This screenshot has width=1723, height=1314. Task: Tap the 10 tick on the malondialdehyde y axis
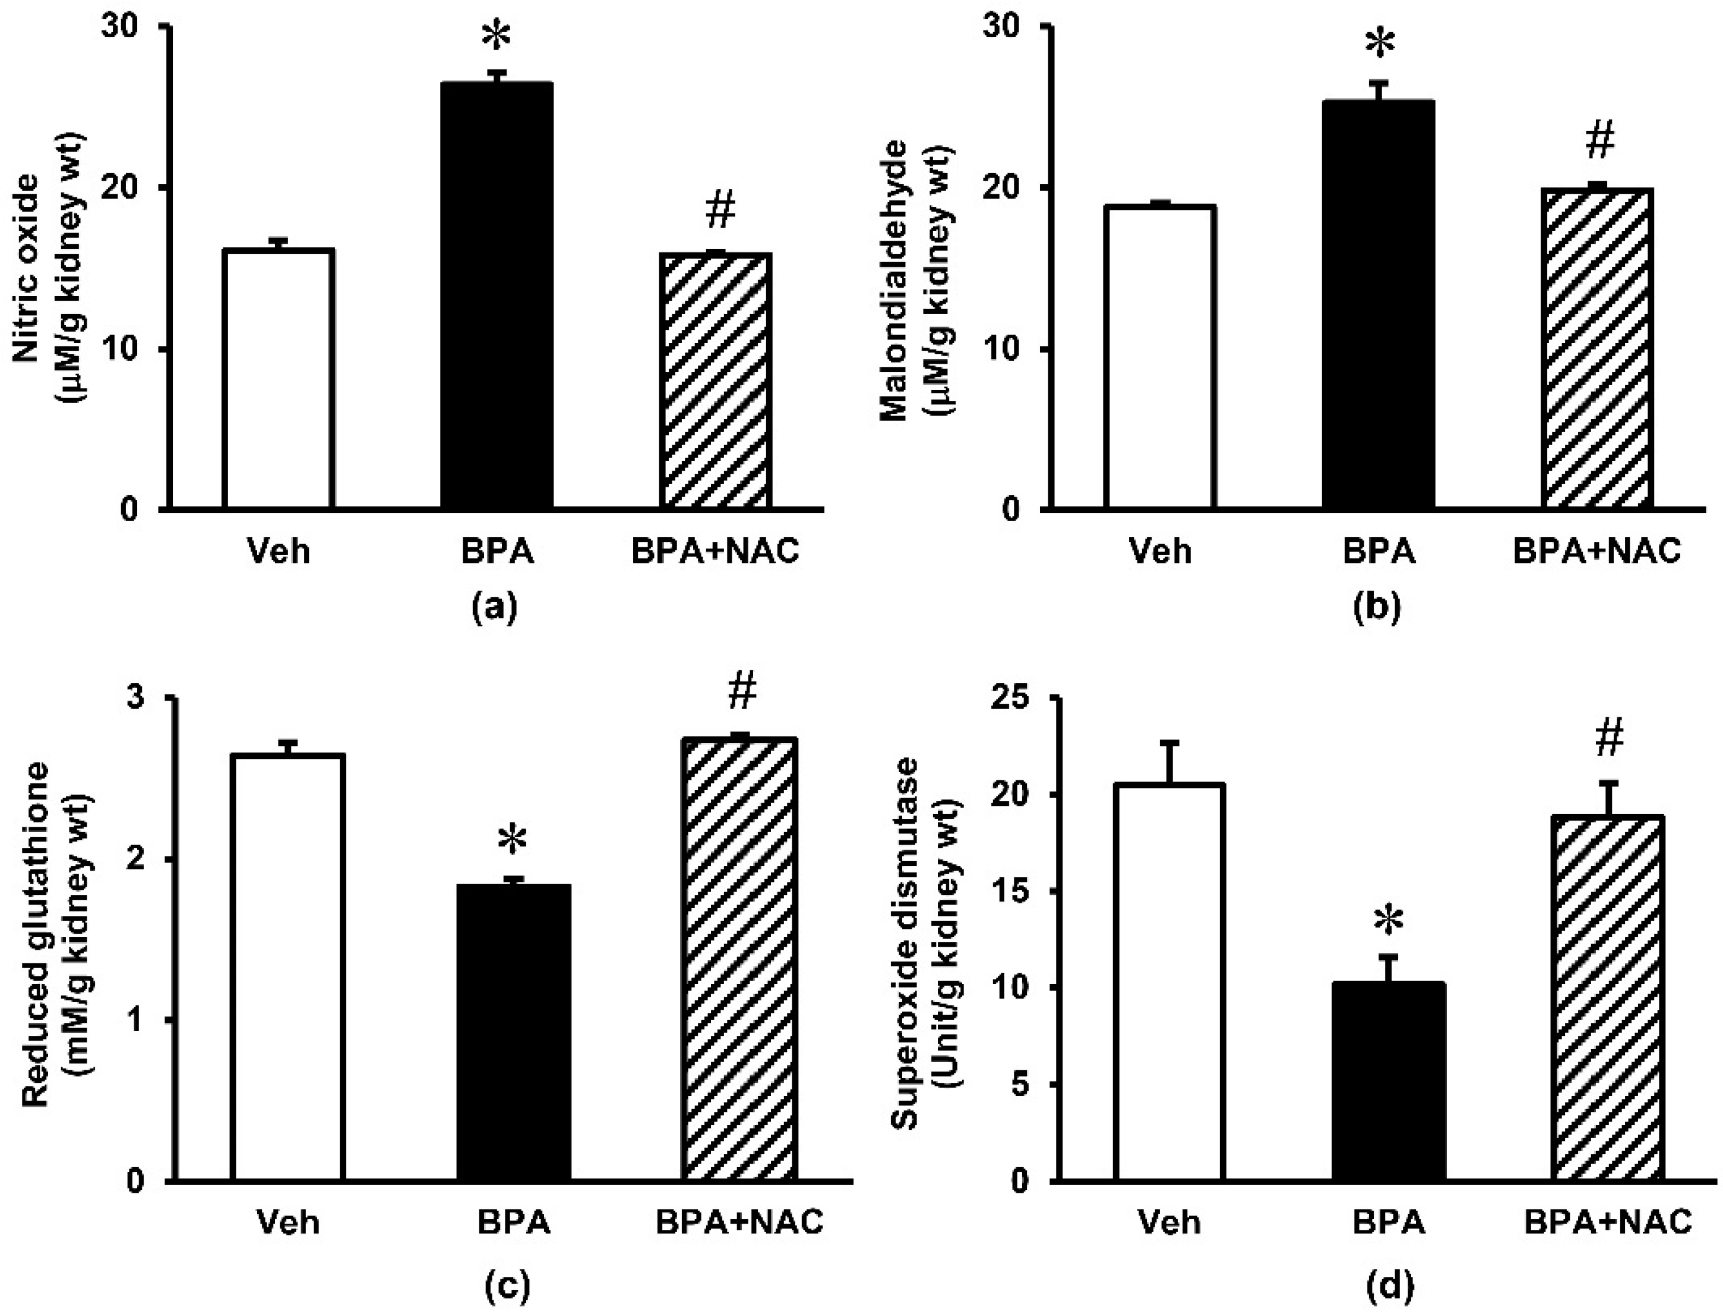1013,349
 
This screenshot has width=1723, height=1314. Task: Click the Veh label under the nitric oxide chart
279,552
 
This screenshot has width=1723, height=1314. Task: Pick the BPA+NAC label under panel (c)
739,1222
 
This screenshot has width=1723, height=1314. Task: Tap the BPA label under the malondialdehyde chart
1379,552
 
